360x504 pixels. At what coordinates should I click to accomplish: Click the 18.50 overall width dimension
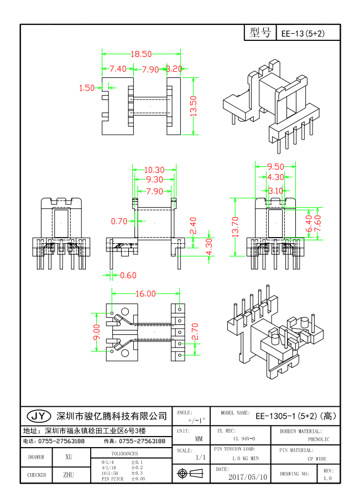pyautogui.click(x=141, y=54)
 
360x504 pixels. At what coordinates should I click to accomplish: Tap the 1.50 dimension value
pyautogui.click(x=87, y=87)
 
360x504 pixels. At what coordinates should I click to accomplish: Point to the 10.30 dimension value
pyautogui.click(x=154, y=170)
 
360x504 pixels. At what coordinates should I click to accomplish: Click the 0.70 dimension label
pyautogui.click(x=119, y=221)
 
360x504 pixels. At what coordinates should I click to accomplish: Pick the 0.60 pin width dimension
pyautogui.click(x=128, y=275)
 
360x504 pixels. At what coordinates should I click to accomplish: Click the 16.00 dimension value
pyautogui.click(x=145, y=294)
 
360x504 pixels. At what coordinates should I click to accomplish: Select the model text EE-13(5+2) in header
pyautogui.click(x=303, y=34)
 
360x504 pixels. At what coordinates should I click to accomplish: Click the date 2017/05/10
pyautogui.click(x=248, y=476)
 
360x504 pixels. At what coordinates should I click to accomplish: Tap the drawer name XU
pyautogui.click(x=69, y=457)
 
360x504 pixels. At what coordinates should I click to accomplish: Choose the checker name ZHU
pyautogui.click(x=69, y=474)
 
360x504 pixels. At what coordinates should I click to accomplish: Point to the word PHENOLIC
pyautogui.click(x=319, y=439)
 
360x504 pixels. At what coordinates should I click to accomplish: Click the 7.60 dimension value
pyautogui.click(x=316, y=223)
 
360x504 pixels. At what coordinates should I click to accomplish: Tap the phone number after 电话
pyautogui.click(x=61, y=441)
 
